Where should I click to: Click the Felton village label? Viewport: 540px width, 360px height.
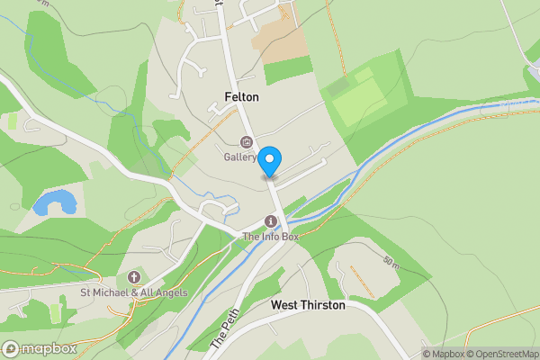(242, 97)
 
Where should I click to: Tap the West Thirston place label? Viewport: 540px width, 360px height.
(308, 305)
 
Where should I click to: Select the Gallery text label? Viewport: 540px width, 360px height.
(241, 157)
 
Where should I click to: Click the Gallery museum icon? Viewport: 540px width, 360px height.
(246, 141)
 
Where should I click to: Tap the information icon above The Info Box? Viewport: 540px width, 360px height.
(270, 221)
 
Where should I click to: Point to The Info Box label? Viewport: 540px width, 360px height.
(270, 237)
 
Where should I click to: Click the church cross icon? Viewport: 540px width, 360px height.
(134, 276)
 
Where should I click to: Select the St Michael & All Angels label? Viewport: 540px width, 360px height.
(133, 292)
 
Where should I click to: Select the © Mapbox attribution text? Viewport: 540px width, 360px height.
(446, 354)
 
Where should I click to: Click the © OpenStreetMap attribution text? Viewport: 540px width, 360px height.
(503, 354)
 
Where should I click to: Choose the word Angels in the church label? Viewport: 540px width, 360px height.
(168, 292)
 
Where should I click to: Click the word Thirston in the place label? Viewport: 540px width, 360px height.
(323, 305)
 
